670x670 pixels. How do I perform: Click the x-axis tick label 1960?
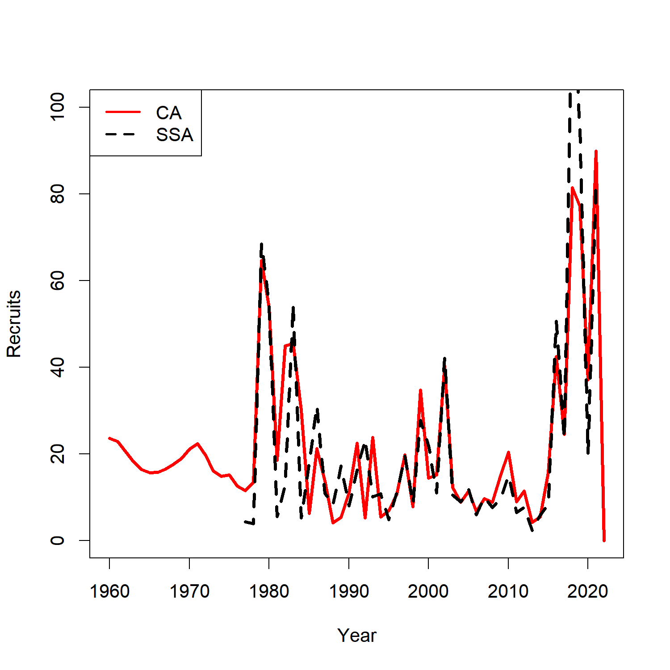(109, 591)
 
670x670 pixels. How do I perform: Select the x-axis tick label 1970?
(189, 591)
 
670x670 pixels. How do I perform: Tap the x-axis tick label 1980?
(269, 591)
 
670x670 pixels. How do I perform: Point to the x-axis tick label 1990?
(349, 591)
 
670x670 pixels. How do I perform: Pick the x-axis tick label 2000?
(428, 591)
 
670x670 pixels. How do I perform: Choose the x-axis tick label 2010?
(508, 591)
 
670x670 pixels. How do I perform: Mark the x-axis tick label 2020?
(588, 591)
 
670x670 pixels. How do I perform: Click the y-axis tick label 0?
(58, 540)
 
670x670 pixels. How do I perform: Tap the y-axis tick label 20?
(58, 454)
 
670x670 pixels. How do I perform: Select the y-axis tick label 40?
(58, 367)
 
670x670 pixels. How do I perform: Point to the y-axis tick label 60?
(58, 281)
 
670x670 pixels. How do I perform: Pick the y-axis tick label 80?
(58, 194)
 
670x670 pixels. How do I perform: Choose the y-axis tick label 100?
(58, 107)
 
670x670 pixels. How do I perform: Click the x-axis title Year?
(357, 635)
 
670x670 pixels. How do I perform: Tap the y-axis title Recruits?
(14, 324)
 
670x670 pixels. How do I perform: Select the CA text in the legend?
(168, 113)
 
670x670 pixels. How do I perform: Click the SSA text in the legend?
(175, 135)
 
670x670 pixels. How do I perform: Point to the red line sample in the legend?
(123, 112)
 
